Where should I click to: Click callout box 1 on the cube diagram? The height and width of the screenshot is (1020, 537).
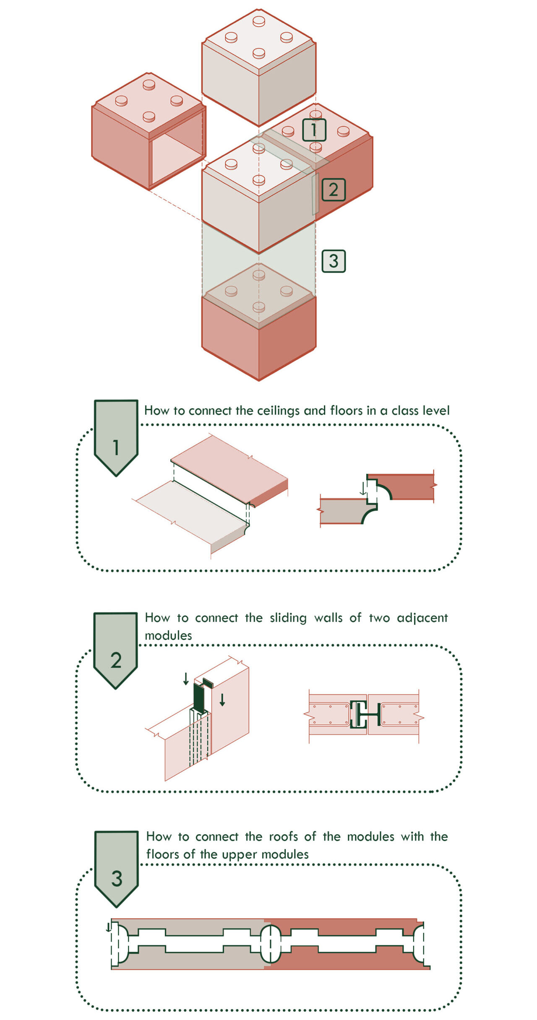[314, 130]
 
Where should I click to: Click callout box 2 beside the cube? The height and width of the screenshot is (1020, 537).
[334, 190]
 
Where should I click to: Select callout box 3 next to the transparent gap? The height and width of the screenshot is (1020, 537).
[334, 261]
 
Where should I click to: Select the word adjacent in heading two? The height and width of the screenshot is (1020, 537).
[422, 618]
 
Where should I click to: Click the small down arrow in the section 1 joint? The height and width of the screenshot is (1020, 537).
[363, 488]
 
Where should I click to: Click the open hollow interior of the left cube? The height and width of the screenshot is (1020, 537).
[176, 157]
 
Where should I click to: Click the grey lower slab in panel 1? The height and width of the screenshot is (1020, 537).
[191, 516]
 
